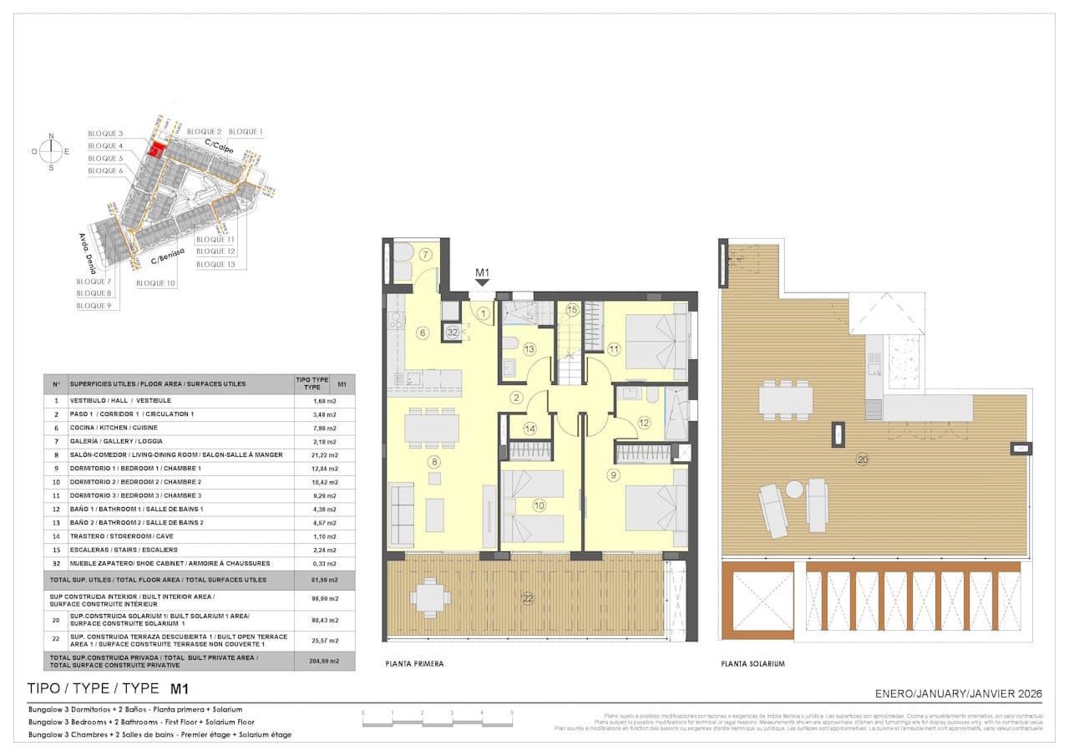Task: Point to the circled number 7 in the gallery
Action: [x=425, y=254]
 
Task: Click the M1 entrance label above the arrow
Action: [x=482, y=272]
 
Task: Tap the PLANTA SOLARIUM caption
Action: [x=753, y=664]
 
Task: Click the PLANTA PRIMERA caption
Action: [x=414, y=664]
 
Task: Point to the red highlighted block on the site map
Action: [x=155, y=149]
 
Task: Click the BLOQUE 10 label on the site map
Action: [x=155, y=283]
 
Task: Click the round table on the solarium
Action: [x=793, y=489]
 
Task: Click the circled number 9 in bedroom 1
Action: [x=614, y=475]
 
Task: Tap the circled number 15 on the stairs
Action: [x=571, y=310]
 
